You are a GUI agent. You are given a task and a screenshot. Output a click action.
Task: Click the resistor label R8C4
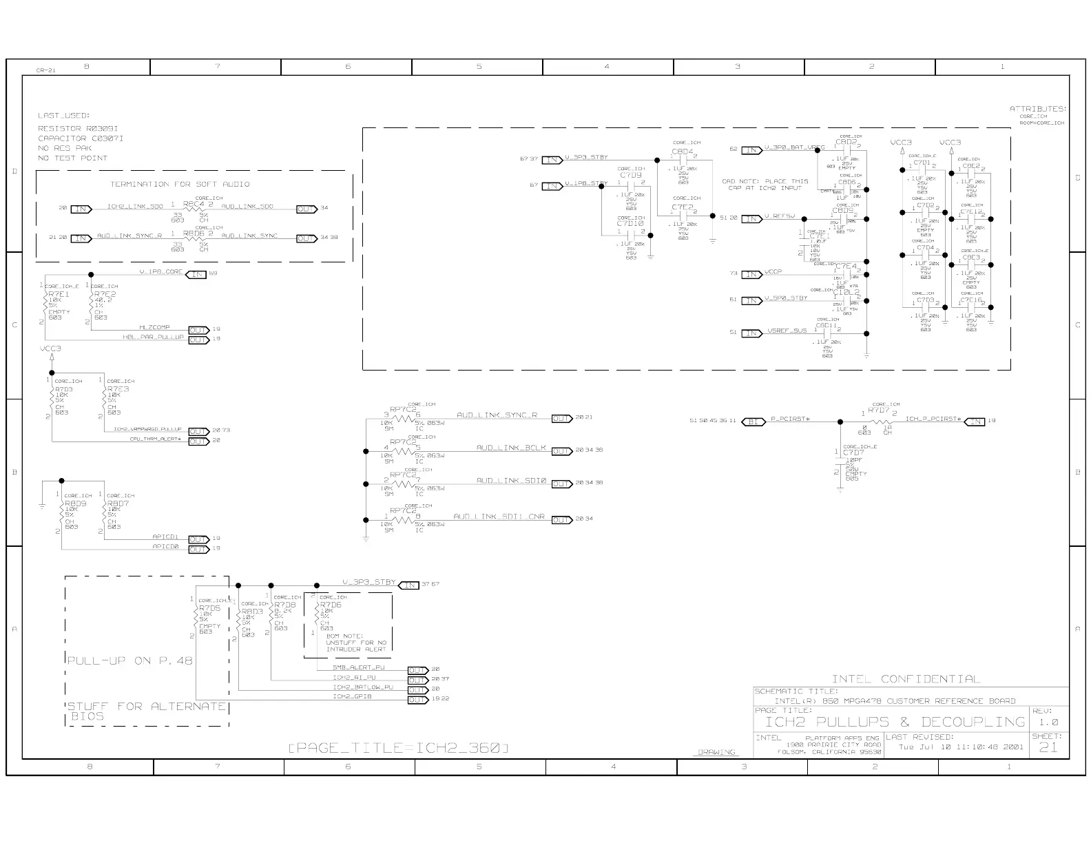[x=194, y=204]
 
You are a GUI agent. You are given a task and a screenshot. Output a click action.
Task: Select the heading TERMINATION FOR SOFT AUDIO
[x=180, y=184]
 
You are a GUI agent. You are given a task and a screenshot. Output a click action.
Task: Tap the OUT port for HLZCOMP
[x=198, y=329]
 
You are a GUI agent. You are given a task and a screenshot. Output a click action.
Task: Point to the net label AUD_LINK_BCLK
[x=511, y=448]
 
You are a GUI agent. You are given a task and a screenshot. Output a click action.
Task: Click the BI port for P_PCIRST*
[x=754, y=421]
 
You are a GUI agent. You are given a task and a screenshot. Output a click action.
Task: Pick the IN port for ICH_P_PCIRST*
[x=975, y=421]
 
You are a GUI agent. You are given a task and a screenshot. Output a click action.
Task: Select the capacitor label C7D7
[x=853, y=452]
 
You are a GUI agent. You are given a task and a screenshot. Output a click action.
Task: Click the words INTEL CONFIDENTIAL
[x=905, y=679]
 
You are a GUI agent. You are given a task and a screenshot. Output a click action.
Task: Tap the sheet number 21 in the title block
[x=1048, y=747]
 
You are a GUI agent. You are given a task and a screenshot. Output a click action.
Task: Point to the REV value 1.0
[x=1048, y=722]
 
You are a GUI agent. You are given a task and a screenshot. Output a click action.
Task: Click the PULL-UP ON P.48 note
[x=130, y=660]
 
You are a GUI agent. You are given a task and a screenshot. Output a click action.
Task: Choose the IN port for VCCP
[x=751, y=274]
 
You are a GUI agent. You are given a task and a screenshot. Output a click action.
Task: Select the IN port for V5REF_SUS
[x=751, y=333]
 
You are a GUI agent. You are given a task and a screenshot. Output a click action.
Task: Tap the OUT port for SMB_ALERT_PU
[x=417, y=669]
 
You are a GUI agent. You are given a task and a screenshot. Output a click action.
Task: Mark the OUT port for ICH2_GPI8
[x=417, y=699]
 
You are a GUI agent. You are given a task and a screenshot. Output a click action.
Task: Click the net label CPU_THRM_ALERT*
[x=155, y=439]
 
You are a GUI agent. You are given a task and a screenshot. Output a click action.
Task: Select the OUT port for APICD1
[x=198, y=539]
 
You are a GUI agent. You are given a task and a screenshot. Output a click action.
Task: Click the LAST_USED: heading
[x=64, y=116]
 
